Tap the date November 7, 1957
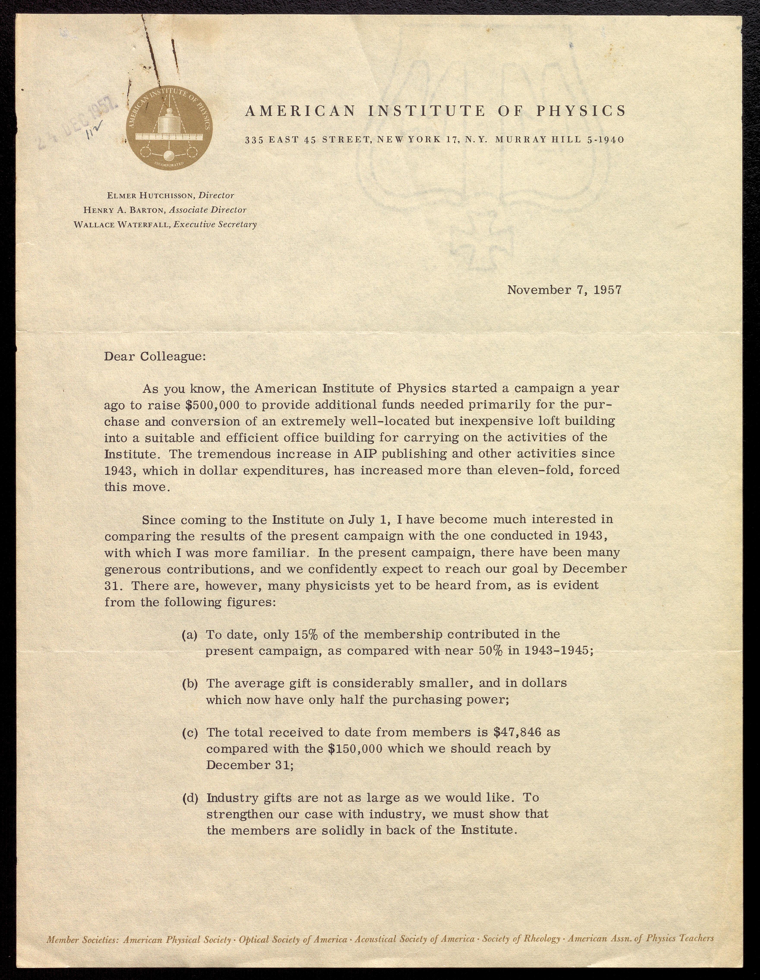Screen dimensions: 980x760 564,290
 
